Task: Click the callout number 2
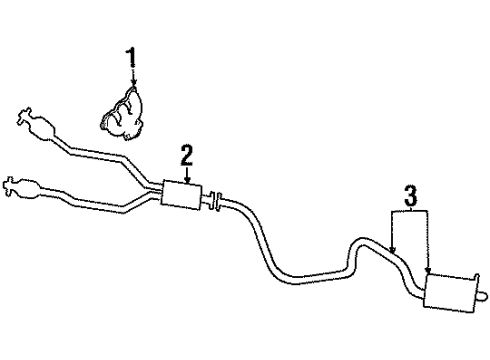coord(186,155)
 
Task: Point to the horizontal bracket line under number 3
coord(410,211)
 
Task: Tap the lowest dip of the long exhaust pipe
coord(300,275)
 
